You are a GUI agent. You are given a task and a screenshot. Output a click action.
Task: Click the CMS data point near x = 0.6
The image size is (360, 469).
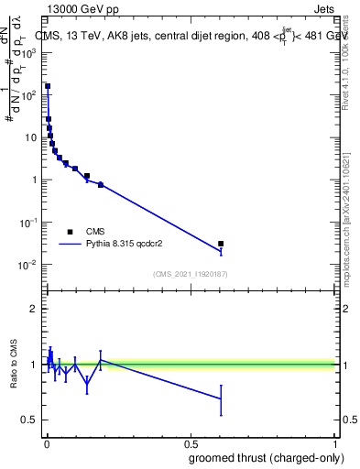pos(220,244)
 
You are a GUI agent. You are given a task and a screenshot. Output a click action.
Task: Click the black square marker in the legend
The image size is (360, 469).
pos(70,232)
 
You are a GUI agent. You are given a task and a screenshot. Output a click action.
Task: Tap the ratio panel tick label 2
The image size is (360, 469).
pos(34,309)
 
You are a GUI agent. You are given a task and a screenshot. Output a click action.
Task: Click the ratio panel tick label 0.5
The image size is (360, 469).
pos(30,420)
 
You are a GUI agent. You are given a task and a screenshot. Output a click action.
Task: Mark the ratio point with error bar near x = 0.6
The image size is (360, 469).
pos(220,398)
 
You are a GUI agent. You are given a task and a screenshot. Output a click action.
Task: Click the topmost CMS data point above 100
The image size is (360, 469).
pos(48,86)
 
